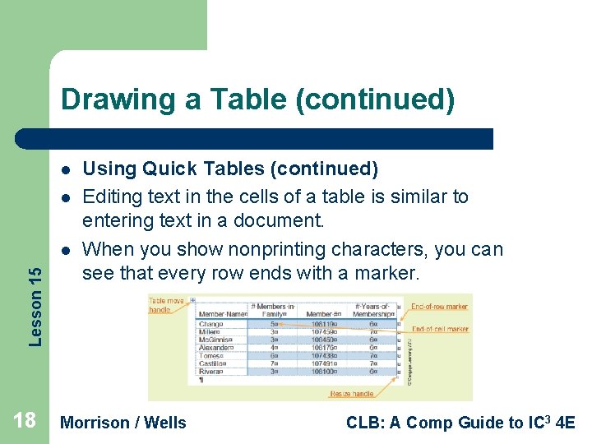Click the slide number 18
[25, 421]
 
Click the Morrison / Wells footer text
[123, 423]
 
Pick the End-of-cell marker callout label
[440, 329]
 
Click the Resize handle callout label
[352, 393]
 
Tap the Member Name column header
[222, 314]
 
